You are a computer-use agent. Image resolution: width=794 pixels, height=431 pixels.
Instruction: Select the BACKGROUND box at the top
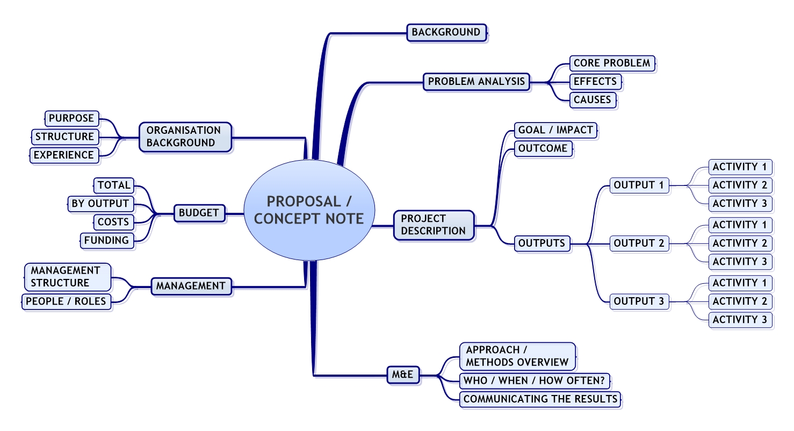pyautogui.click(x=446, y=32)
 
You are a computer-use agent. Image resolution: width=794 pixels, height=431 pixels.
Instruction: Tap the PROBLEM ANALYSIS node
pyautogui.click(x=477, y=82)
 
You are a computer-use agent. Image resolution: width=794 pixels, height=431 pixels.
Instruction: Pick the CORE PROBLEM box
pyautogui.click(x=612, y=63)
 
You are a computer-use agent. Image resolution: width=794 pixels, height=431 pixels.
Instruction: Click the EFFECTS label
pyautogui.click(x=595, y=82)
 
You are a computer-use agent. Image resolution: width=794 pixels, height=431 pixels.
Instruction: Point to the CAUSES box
pyautogui.click(x=593, y=100)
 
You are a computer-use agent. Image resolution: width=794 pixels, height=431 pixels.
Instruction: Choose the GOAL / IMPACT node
pyautogui.click(x=555, y=130)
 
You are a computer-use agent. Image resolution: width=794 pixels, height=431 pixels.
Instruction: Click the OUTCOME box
pyautogui.click(x=544, y=148)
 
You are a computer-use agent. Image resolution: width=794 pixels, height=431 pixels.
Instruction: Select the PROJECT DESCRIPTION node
pyautogui.click(x=434, y=225)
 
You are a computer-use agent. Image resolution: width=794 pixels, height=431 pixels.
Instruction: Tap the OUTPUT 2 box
pyautogui.click(x=639, y=243)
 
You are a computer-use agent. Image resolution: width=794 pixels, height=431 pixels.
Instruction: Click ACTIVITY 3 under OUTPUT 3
pyautogui.click(x=740, y=320)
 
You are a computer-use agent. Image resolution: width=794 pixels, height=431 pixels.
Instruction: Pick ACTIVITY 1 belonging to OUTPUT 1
pyautogui.click(x=740, y=167)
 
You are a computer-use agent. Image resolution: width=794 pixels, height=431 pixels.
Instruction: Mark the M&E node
pyautogui.click(x=403, y=375)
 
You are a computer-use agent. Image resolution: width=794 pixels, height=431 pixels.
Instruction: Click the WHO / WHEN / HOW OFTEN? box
pyautogui.click(x=535, y=381)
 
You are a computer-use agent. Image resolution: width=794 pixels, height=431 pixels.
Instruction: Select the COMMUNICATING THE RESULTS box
pyautogui.click(x=540, y=399)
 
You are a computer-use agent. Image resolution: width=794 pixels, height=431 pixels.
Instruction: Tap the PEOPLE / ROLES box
pyautogui.click(x=66, y=301)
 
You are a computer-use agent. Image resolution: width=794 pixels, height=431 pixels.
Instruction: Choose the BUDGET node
pyautogui.click(x=199, y=213)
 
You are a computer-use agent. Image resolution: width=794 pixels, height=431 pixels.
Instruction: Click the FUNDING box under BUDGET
pyautogui.click(x=107, y=240)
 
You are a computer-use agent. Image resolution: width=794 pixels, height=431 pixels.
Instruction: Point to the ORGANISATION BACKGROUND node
pyautogui.click(x=185, y=137)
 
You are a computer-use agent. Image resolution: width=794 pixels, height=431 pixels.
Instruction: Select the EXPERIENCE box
pyautogui.click(x=63, y=155)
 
